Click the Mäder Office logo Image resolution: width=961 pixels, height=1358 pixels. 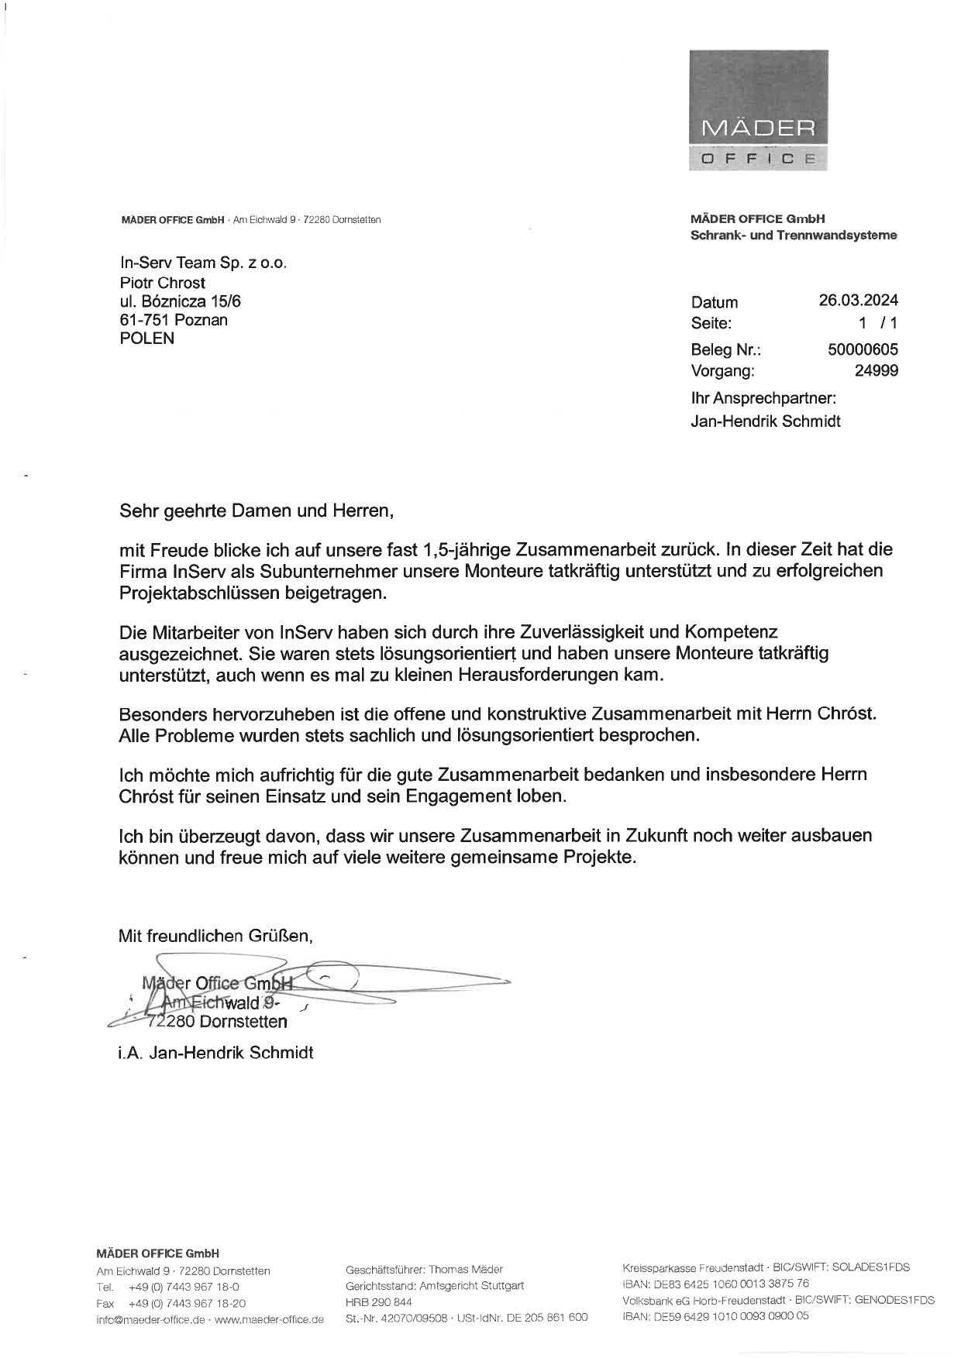tap(758, 110)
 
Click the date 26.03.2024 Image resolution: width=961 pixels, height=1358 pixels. tap(858, 301)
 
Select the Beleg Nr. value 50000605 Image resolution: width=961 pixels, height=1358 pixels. tap(863, 349)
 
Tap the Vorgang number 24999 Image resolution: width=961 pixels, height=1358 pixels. tap(876, 371)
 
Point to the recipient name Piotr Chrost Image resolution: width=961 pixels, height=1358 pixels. tap(162, 283)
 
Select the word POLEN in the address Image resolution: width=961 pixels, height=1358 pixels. tap(146, 339)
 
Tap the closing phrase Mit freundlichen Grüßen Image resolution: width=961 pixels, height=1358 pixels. tap(215, 936)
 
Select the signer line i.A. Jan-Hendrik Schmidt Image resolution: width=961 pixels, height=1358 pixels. tap(215, 1052)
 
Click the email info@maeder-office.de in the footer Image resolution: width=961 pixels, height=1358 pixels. tap(150, 1319)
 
